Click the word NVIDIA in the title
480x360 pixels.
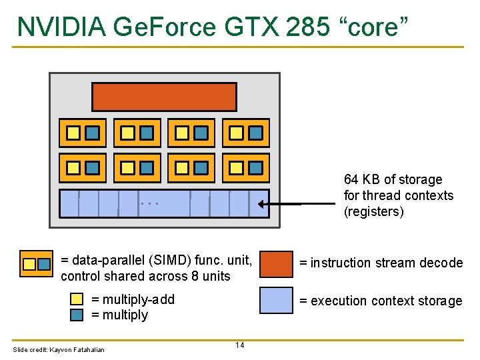62,26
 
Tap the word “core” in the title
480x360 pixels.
377,26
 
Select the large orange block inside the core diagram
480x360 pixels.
164,97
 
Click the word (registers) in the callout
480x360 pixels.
374,212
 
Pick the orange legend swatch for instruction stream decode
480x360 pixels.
275,263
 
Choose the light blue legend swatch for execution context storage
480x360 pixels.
275,301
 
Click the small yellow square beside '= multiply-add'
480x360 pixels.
77,299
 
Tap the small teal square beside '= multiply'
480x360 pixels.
77,314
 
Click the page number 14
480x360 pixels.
239,345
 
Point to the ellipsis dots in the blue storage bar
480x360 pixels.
150,203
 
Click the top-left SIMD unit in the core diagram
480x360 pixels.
83,133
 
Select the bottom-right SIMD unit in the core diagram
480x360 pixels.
245,168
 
